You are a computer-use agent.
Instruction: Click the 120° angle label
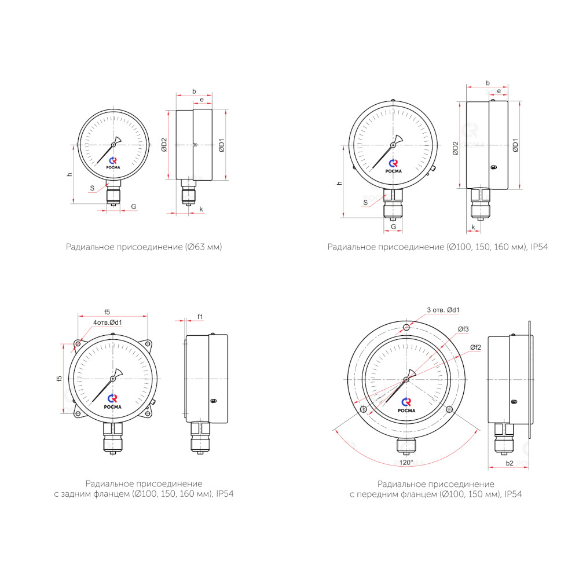coord(406,462)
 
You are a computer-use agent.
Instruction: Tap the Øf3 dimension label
coord(463,329)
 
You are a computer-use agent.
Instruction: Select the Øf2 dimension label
coord(475,347)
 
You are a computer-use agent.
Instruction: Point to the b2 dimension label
coord(510,463)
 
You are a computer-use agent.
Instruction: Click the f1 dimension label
coord(200,317)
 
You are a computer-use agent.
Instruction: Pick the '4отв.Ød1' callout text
coord(108,323)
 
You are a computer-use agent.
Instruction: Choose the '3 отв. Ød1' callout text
coord(443,310)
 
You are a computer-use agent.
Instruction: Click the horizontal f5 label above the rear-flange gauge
coord(107,312)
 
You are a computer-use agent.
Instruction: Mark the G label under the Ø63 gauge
coord(134,207)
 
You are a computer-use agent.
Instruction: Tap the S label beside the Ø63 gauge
coord(92,188)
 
